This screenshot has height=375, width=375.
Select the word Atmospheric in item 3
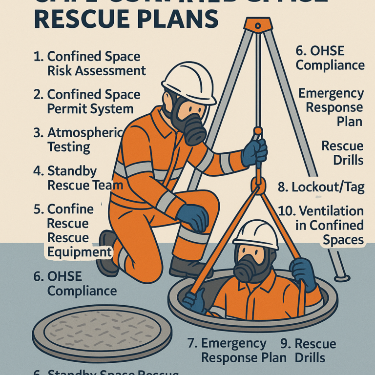pyautogui.click(x=84, y=133)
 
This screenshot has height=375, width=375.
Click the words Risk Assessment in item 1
pyautogui.click(x=96, y=71)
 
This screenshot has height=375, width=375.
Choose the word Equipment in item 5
pyautogui.click(x=80, y=252)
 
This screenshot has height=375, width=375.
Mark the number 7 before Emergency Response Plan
pyautogui.click(x=192, y=343)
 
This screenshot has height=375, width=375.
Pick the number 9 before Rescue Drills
pyautogui.click(x=285, y=343)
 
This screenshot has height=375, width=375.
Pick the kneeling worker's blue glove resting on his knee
pyautogui.click(x=192, y=217)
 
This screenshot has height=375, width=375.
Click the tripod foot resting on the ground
pyautogui.click(x=342, y=278)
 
